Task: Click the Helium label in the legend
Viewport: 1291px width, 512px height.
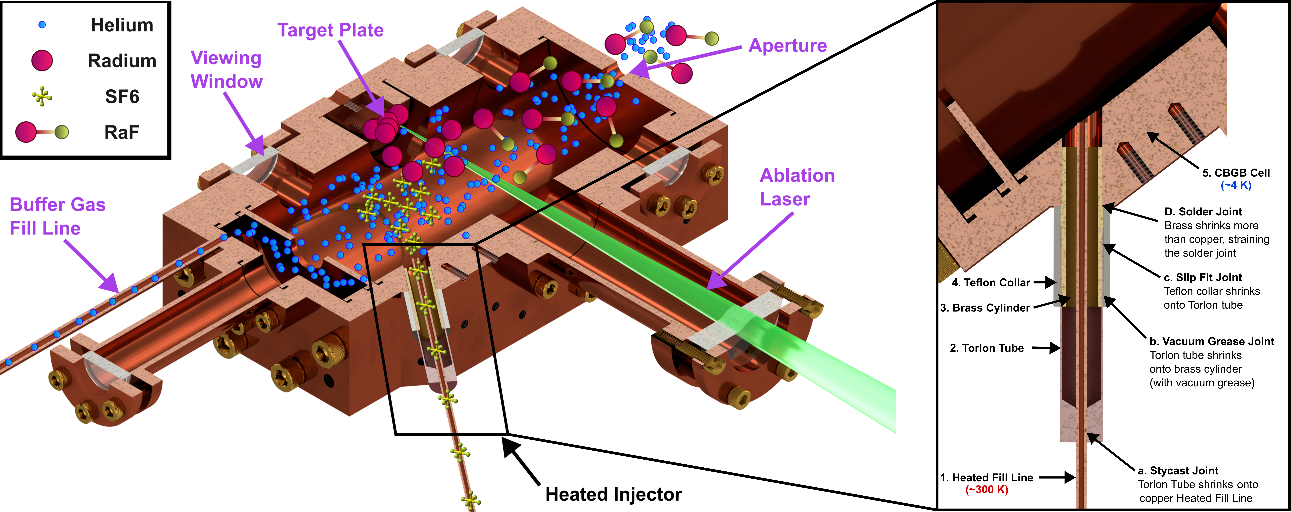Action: click(122, 25)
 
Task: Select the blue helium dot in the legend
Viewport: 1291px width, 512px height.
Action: click(42, 25)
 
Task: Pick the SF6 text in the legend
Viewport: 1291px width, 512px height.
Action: click(122, 96)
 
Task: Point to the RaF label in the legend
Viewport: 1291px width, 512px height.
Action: click(122, 132)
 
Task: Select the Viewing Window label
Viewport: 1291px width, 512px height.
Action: click(226, 70)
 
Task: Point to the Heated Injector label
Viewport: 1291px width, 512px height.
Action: click(613, 495)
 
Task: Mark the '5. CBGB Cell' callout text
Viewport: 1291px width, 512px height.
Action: click(1236, 173)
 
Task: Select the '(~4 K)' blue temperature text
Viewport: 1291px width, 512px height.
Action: click(1236, 185)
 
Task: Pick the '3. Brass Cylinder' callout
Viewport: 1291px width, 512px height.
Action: click(985, 308)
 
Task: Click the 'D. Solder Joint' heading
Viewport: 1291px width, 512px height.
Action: click(1203, 211)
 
